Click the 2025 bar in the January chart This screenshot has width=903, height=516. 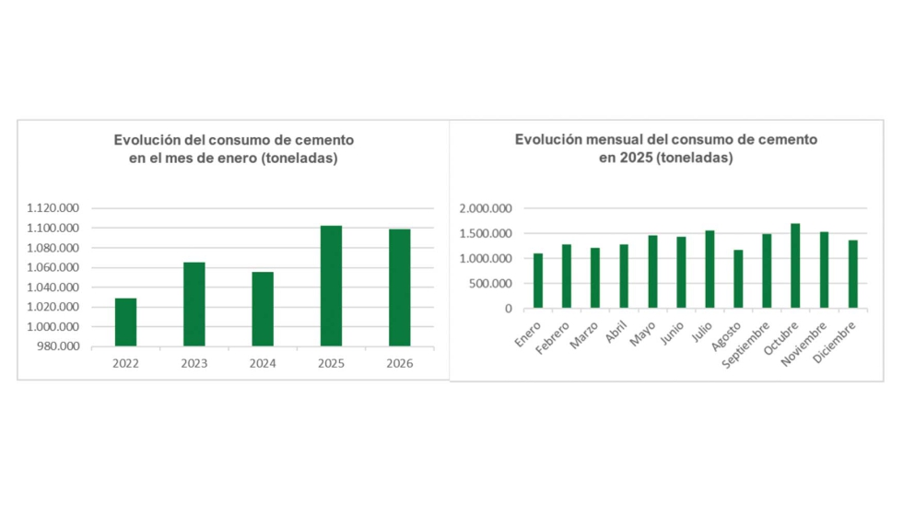tap(331, 286)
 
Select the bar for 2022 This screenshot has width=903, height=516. tap(126, 322)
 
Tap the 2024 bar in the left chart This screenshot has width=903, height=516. tap(263, 309)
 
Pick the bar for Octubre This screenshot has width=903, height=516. tap(795, 265)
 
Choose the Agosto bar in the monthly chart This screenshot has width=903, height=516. tap(738, 278)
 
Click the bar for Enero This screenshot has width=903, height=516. tap(538, 280)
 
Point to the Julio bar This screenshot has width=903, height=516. tap(709, 269)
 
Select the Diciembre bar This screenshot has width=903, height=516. tap(853, 274)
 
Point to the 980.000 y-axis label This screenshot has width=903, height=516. tap(58, 346)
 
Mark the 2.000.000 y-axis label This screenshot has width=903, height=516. tap(486, 208)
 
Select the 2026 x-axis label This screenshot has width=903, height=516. tap(399, 363)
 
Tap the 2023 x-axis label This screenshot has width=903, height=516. tap(194, 363)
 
